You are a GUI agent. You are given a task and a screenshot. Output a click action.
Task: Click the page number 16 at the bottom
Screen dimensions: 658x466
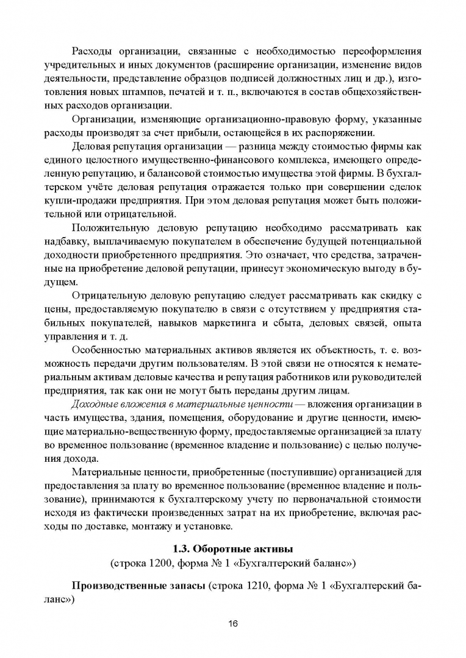(x=232, y=623)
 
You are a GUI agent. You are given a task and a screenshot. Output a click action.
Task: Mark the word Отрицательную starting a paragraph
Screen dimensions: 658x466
(x=110, y=296)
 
